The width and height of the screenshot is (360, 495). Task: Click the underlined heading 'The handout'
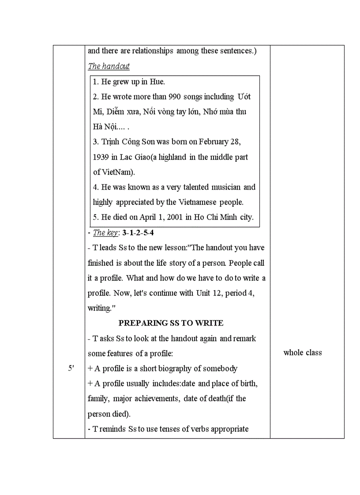tap(109, 66)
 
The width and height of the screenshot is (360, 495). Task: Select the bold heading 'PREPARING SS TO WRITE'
tap(171, 323)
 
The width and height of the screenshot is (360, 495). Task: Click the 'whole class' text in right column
tap(303, 353)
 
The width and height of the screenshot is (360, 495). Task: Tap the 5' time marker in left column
tap(71, 368)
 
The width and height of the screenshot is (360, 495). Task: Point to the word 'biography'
tap(172, 368)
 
